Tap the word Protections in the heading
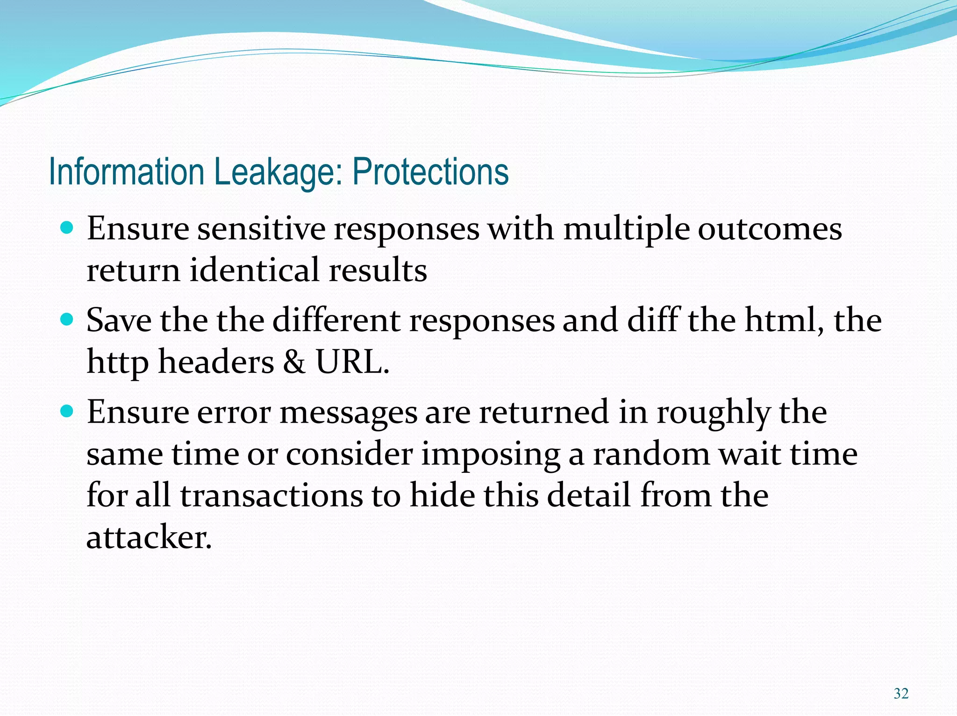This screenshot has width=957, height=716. pos(430,172)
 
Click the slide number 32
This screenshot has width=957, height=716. pos(900,694)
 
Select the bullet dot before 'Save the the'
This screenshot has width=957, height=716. pos(68,320)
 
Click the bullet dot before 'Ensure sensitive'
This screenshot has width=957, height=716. pos(68,229)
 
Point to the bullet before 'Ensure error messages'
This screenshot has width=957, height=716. pos(68,412)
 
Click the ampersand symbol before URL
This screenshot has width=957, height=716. pos(294,362)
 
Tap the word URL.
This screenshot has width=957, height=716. pos(352,362)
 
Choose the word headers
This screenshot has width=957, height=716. pos(216,362)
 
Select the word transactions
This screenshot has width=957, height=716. pos(271,495)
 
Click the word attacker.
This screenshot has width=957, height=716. pos(149,537)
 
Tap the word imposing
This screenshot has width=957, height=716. pos(491,455)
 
